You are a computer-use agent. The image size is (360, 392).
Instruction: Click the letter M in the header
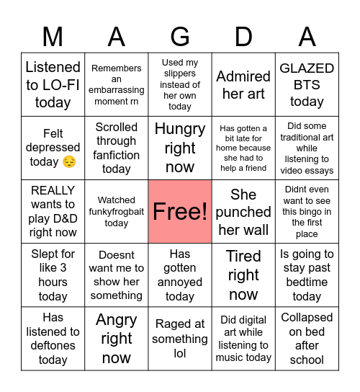(x=53, y=35)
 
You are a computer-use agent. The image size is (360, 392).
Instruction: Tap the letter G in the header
(x=180, y=35)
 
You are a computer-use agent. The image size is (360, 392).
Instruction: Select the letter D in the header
(x=243, y=35)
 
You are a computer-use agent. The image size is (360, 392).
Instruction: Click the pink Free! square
(x=180, y=212)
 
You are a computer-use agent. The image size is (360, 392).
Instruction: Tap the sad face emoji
(x=69, y=162)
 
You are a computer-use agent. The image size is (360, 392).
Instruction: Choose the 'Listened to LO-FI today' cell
(x=53, y=84)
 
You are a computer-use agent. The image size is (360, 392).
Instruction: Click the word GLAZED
(x=307, y=68)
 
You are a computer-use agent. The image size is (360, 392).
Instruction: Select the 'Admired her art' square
(x=243, y=84)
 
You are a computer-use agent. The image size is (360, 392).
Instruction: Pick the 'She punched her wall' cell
(x=243, y=212)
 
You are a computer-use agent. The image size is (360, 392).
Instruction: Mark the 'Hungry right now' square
(x=180, y=148)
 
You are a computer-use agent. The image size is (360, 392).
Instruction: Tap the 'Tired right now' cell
(x=243, y=275)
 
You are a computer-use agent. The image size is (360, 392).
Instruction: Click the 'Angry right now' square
(x=117, y=339)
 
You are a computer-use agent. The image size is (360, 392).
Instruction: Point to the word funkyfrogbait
(x=117, y=212)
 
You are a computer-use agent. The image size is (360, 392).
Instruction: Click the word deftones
(x=53, y=346)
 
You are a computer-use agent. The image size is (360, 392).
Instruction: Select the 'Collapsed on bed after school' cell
(x=307, y=339)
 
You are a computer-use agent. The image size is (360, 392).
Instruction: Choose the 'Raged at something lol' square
(x=180, y=339)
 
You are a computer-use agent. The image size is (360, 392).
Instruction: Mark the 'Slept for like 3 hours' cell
(x=53, y=275)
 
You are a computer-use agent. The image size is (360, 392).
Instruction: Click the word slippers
(x=180, y=73)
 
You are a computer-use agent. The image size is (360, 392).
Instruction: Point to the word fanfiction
(x=117, y=155)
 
